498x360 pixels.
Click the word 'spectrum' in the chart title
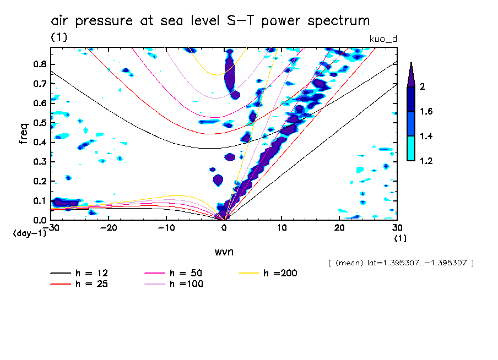tap(340, 21)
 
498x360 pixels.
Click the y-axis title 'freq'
tap(24, 134)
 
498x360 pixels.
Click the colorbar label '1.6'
tap(426, 112)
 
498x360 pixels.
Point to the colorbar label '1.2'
tap(426, 161)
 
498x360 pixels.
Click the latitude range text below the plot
tap(400, 263)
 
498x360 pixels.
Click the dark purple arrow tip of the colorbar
tap(411, 72)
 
